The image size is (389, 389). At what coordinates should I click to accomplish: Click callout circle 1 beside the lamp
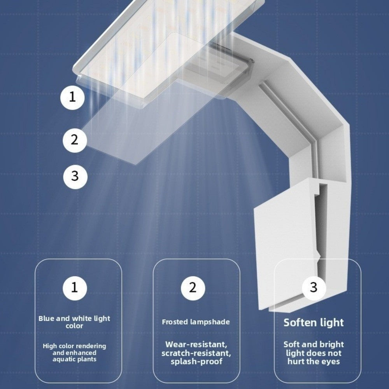[72, 97]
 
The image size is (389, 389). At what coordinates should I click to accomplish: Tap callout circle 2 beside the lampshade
[75, 140]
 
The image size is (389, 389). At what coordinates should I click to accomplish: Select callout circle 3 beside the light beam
[75, 176]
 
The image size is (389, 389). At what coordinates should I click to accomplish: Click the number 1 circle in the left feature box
[75, 288]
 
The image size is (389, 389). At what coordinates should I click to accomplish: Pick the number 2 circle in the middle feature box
[193, 288]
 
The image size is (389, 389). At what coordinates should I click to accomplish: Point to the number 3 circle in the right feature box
[314, 288]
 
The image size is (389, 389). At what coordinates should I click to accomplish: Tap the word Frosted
[175, 322]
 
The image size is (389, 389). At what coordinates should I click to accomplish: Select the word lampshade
[210, 322]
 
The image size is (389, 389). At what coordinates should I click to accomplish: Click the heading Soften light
[314, 322]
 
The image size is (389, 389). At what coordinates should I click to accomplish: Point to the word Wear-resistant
[196, 345]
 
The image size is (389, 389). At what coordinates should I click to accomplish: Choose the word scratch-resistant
[196, 353]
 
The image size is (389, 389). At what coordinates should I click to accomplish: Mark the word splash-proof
[196, 361]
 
